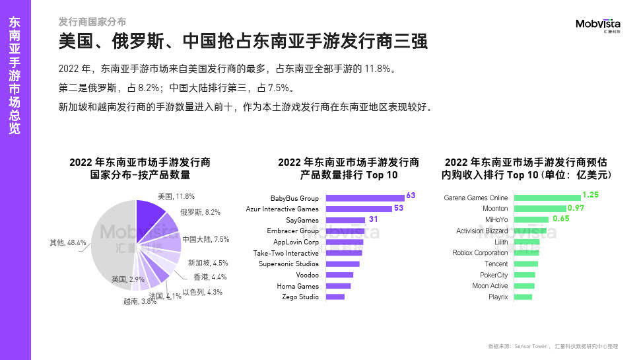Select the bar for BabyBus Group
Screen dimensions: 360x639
(x=364, y=198)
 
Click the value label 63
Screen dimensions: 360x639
(x=411, y=196)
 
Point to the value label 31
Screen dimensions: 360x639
(x=372, y=219)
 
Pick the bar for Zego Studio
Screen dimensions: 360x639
(x=335, y=297)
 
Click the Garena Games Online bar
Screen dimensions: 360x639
(x=547, y=198)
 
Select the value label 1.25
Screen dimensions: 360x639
(x=590, y=196)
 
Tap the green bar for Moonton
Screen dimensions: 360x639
(x=539, y=209)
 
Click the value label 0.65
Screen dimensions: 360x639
(x=561, y=219)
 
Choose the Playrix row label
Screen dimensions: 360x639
(x=498, y=297)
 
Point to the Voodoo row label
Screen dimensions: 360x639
(x=308, y=275)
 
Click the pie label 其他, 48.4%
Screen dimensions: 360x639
(x=67, y=242)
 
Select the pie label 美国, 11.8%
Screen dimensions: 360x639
(x=176, y=196)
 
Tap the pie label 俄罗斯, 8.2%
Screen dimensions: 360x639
(x=200, y=213)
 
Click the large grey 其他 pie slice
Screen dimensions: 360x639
(x=111, y=244)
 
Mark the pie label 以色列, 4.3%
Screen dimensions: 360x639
(x=202, y=292)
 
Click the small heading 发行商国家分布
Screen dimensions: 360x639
(x=92, y=22)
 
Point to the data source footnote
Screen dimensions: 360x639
(x=553, y=346)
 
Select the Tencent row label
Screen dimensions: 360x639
(x=496, y=264)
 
